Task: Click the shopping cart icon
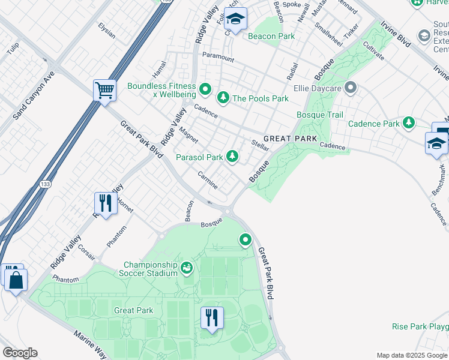pyautogui.click(x=104, y=91)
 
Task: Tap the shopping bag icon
pyautogui.click(x=16, y=278)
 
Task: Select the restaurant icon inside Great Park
pyautogui.click(x=211, y=317)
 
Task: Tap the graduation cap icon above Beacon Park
pyautogui.click(x=236, y=20)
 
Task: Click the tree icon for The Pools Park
pyautogui.click(x=223, y=98)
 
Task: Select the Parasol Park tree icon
pyautogui.click(x=232, y=157)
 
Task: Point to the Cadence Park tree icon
pyautogui.click(x=409, y=123)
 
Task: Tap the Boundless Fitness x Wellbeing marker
pyautogui.click(x=205, y=90)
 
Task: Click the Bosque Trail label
pyautogui.click(x=320, y=114)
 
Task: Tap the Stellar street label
pyautogui.click(x=260, y=145)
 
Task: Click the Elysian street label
pyautogui.click(x=106, y=31)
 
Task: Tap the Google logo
pyautogui.click(x=20, y=353)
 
